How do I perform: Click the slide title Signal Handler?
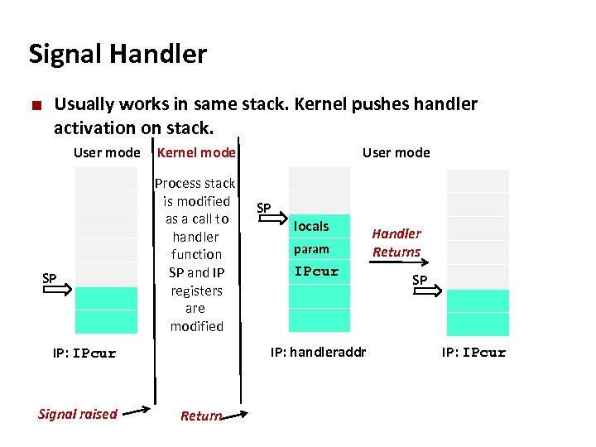[118, 55]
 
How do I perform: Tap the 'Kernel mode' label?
[196, 152]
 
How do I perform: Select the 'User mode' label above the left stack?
[107, 152]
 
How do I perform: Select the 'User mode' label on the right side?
[396, 152]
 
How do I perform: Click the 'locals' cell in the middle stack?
[312, 226]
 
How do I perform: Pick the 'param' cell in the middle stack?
[312, 249]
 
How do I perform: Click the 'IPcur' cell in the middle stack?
[317, 272]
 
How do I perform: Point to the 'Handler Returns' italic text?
[396, 243]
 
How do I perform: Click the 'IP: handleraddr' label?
[318, 353]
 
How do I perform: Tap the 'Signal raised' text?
[78, 414]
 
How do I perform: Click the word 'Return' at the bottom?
[200, 416]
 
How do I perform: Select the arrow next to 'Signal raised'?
[137, 410]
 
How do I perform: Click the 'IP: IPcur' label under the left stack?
[84, 353]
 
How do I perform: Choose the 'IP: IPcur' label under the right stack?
[473, 353]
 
